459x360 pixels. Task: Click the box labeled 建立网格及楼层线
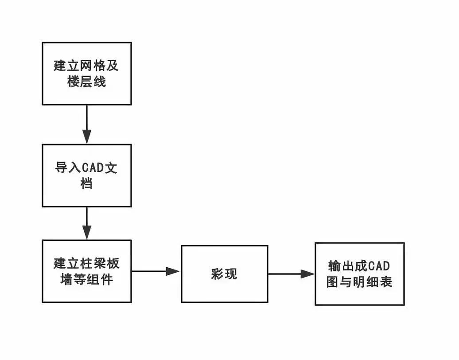click(87, 74)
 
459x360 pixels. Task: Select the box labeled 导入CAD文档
click(87, 176)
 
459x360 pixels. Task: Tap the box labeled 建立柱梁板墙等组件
click(87, 271)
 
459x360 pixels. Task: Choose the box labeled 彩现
click(224, 274)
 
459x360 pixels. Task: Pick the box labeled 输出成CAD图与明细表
click(359, 274)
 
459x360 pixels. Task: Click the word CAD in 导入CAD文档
click(93, 169)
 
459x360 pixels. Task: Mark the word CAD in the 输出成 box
click(379, 266)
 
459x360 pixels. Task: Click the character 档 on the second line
click(87, 184)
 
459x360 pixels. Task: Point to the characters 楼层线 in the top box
click(87, 82)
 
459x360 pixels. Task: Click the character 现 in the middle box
click(231, 274)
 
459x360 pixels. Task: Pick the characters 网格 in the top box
click(93, 67)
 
